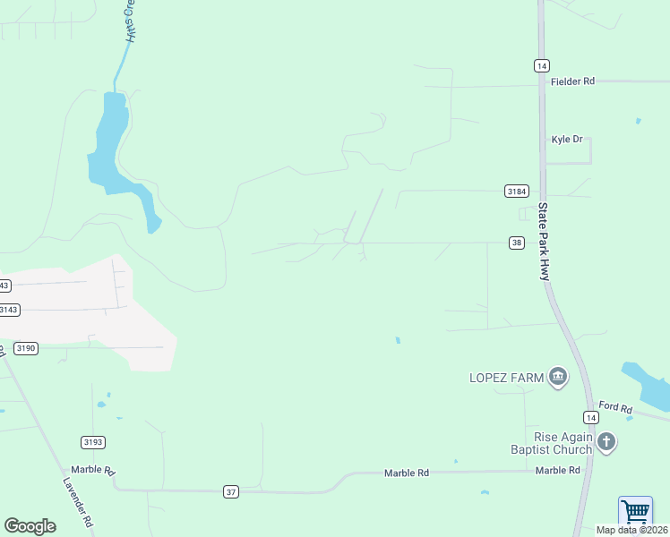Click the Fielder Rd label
tap(572, 81)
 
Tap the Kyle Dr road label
tap(566, 140)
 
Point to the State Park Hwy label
tap(543, 242)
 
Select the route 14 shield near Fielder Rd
tap(541, 65)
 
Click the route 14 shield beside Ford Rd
tap(590, 418)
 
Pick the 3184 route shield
tap(516, 192)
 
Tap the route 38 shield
tap(516, 243)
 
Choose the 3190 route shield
tap(25, 348)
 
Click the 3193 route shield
tap(93, 442)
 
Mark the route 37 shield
tap(231, 491)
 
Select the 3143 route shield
tap(8, 310)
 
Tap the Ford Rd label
tap(615, 409)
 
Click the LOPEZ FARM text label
tap(506, 378)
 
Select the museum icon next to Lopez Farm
tap(558, 377)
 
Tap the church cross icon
tap(607, 441)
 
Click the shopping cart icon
tap(635, 512)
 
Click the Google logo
tap(30, 526)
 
